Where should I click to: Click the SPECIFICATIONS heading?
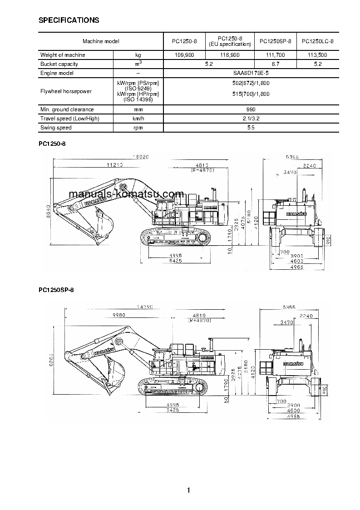coord(69,20)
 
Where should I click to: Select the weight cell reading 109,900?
coord(184,55)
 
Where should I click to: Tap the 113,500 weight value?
coord(317,55)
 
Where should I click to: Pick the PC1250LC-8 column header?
coord(317,41)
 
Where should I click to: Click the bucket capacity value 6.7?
coord(275,64)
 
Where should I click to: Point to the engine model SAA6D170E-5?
coord(251,73)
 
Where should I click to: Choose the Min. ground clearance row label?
coord(67,109)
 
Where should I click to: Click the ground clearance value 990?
coord(251,109)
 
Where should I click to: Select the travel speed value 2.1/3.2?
coord(251,119)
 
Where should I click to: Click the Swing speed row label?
coord(56,128)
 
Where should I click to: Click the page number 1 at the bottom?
coord(188,490)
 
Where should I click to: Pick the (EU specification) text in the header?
coord(229,44)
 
